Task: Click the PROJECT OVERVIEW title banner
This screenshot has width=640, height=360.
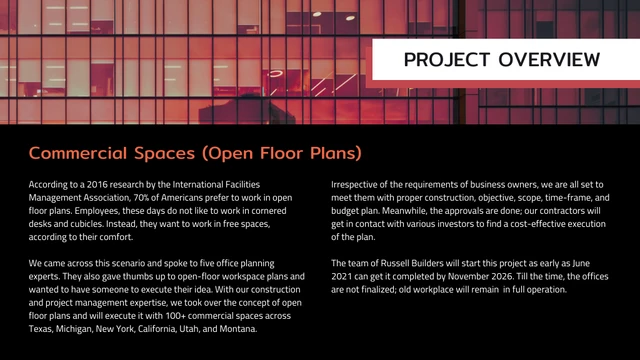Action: [x=501, y=60]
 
